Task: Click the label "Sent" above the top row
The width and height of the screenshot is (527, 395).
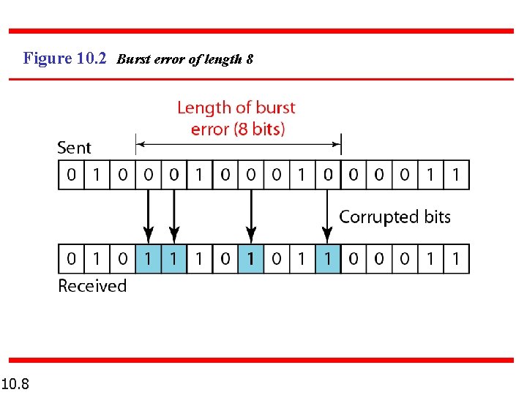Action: (x=74, y=147)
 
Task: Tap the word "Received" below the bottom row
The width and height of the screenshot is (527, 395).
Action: (x=92, y=285)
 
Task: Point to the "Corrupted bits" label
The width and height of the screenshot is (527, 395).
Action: (x=395, y=217)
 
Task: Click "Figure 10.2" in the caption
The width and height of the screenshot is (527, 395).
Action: (x=65, y=59)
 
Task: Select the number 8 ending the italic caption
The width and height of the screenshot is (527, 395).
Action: (x=250, y=59)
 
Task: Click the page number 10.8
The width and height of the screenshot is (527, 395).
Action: (x=15, y=383)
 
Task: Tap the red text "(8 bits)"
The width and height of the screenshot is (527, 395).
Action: (x=259, y=129)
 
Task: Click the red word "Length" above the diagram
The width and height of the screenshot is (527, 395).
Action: (x=204, y=108)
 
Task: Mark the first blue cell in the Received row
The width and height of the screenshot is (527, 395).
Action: (x=148, y=259)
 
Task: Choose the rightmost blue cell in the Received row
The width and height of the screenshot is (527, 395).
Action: (x=328, y=259)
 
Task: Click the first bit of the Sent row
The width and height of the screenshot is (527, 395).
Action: (x=71, y=175)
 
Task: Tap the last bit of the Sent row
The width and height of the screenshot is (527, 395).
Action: (x=456, y=175)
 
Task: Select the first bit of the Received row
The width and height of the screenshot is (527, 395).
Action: (x=71, y=259)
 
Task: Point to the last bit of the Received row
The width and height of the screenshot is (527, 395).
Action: (x=456, y=259)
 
